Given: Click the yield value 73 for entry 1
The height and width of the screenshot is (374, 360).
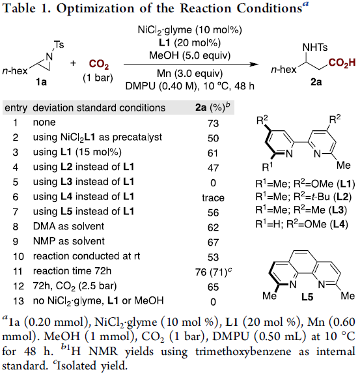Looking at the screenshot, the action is click(213, 123).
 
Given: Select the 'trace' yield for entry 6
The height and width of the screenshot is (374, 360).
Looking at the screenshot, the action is click(214, 197).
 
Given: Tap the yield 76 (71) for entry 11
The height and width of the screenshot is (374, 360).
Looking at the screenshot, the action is click(214, 272).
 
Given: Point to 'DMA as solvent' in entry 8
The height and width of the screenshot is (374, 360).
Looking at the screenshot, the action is click(68, 226).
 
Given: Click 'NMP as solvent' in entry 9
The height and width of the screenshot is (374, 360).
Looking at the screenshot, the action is click(69, 241).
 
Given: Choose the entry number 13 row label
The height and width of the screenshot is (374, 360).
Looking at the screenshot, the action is click(18, 301).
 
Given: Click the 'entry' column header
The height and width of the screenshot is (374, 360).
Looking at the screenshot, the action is click(16, 108).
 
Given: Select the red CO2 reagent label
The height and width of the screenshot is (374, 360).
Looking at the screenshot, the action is click(99, 65).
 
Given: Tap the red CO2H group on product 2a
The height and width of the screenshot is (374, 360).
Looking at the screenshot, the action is click(342, 63).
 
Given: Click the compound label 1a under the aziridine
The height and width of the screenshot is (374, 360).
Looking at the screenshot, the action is click(41, 82).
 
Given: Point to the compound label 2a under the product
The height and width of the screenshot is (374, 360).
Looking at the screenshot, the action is click(316, 82).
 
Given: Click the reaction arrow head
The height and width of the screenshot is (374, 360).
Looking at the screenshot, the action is click(256, 64).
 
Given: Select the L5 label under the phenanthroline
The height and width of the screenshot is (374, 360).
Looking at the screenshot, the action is click(307, 297).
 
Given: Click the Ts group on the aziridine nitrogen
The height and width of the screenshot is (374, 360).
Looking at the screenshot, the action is click(59, 44).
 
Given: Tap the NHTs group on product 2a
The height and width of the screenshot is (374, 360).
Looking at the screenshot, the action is click(315, 47).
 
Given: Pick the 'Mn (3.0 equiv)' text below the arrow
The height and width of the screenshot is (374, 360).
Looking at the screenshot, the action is click(189, 74).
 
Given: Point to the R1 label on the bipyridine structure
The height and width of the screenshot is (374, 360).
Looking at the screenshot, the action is click(267, 167).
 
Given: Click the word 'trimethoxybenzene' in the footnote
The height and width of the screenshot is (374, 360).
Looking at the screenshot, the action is click(243, 352).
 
